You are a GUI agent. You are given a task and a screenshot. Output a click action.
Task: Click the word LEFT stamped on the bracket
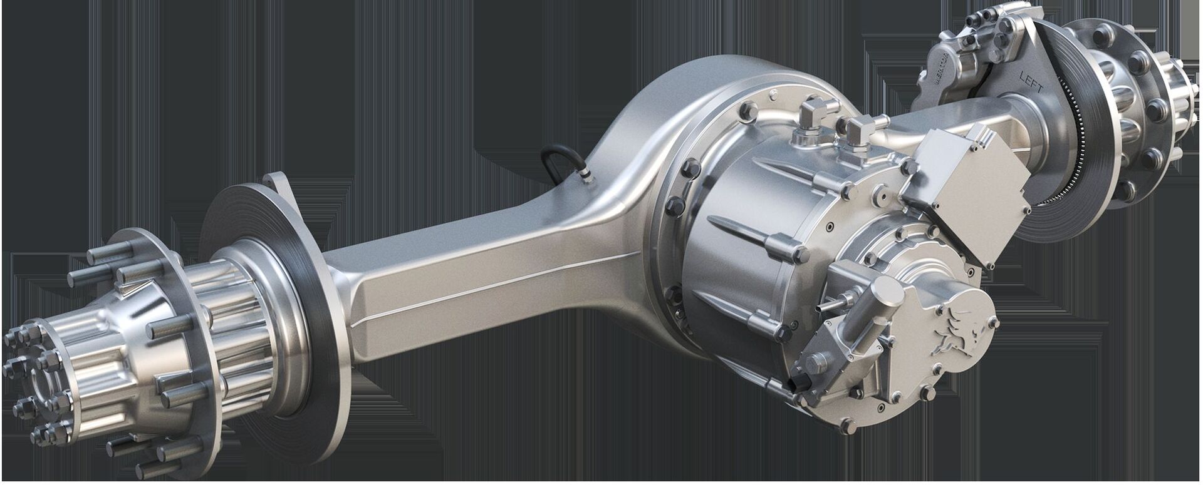pos(1029,89)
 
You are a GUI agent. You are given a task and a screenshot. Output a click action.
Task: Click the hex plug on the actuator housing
pos(815,362)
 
